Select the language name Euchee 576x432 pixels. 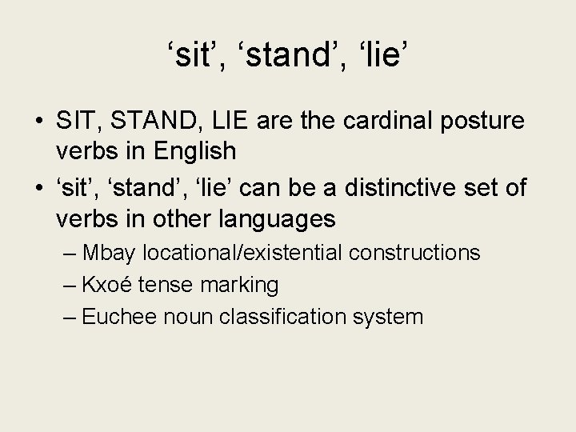(x=118, y=316)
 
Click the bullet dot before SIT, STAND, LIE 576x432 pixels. (x=38, y=122)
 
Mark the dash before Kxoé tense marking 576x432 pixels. (x=70, y=285)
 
